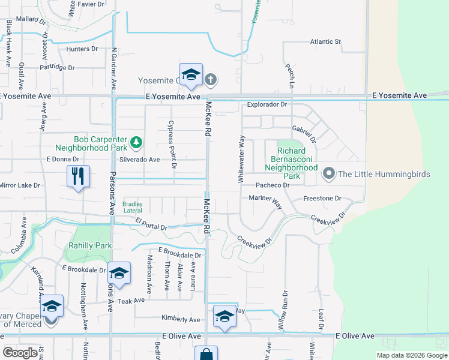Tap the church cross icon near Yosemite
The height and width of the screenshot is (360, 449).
(211, 79)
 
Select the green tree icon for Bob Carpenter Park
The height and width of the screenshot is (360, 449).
(137, 142)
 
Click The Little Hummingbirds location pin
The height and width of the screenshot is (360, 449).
(328, 174)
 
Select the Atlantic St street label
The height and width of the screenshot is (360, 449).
(325, 42)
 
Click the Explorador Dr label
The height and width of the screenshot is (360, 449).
(268, 104)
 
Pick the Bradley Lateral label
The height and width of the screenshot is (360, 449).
(133, 207)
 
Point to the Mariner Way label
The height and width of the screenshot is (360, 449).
(264, 200)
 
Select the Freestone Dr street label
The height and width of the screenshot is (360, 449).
(322, 198)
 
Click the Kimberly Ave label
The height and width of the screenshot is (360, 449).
(180, 319)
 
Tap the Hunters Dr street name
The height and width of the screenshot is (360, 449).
(82, 49)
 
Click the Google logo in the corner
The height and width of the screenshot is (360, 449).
(20, 352)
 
